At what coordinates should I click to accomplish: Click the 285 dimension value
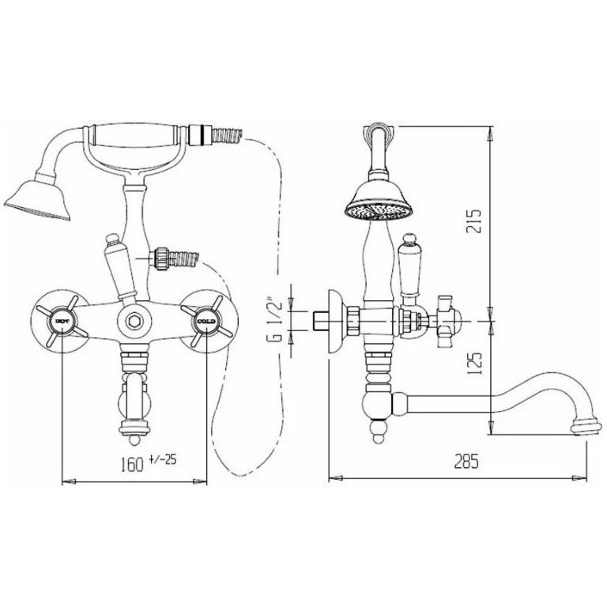[x=466, y=461]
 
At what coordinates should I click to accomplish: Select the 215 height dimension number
[x=473, y=221]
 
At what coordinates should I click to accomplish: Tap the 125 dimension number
[x=474, y=363]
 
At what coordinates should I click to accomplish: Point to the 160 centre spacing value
[x=133, y=465]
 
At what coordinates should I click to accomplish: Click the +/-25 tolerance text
[x=162, y=460]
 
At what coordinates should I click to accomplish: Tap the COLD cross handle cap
[x=206, y=321]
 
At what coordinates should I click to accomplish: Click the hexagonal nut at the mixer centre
[x=134, y=321]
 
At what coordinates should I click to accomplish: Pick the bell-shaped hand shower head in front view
[x=38, y=198]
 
